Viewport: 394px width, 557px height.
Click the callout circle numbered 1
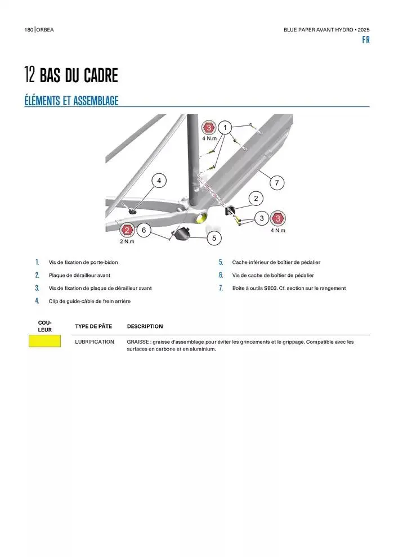225,127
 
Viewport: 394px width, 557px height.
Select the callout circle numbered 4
159,181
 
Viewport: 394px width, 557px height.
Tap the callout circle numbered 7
276,182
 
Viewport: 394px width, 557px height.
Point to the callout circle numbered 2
256,198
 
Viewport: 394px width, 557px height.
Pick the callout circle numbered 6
144,230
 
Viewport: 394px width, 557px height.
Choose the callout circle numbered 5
214,238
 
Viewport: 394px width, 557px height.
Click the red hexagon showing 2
128,230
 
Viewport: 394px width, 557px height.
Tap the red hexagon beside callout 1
209,127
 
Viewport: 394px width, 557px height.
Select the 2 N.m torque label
127,241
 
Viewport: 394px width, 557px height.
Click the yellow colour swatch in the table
45,341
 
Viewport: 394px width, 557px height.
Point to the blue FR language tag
366,41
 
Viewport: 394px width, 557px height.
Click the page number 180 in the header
29,29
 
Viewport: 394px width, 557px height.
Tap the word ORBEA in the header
46,29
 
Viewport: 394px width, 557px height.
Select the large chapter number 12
30,75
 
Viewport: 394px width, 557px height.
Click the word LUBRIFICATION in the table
95,342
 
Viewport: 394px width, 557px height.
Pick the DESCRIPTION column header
145,326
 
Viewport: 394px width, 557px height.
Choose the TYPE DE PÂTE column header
93,326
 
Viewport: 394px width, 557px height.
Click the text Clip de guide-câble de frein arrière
89,301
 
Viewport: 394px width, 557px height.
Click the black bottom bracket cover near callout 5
181,232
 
